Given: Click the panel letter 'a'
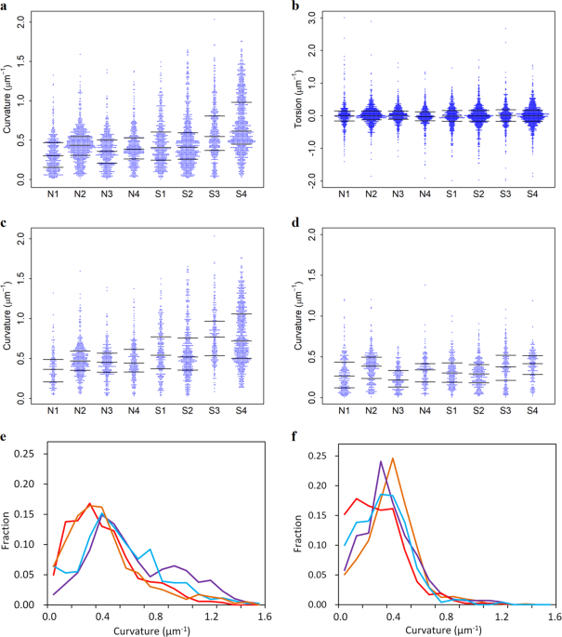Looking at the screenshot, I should pyautogui.click(x=6, y=7).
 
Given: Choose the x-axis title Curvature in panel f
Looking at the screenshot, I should pyautogui.click(x=435, y=630).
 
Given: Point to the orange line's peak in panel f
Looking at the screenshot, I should pyautogui.click(x=393, y=458).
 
